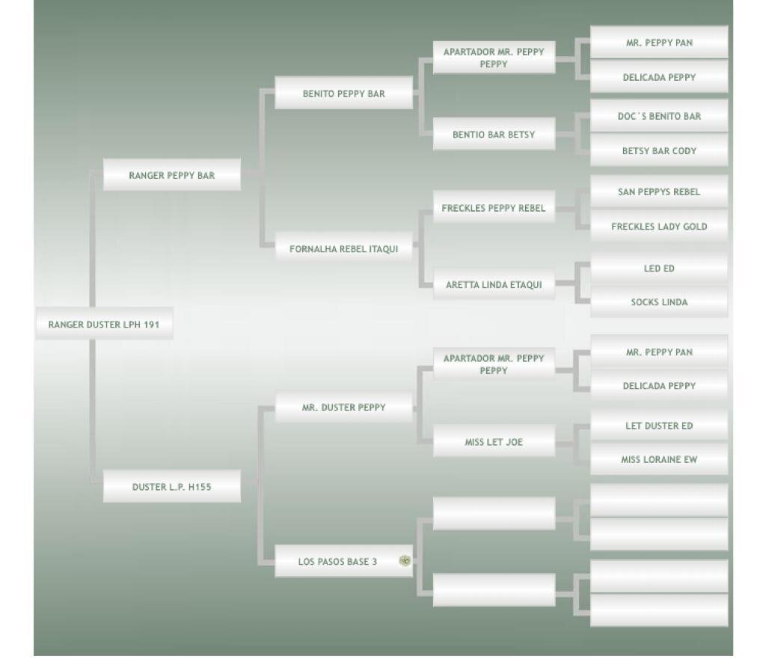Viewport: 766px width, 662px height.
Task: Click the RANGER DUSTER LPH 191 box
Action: coord(104,325)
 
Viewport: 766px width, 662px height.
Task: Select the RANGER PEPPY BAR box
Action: coord(171,176)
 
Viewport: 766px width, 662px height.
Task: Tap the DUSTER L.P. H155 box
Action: coord(171,487)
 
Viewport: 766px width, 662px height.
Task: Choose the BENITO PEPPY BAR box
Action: coord(343,94)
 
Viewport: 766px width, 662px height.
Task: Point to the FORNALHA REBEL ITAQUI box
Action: coord(343,249)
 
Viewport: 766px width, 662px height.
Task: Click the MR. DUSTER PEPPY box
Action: coord(343,408)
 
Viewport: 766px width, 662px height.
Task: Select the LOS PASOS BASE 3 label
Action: coord(337,562)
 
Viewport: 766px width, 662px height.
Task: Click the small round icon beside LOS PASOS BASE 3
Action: coord(405,561)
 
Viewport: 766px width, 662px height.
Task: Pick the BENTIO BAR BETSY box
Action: coord(494,135)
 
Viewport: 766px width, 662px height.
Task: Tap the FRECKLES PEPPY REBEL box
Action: coord(494,208)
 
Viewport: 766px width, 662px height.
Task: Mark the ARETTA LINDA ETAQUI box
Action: coord(494,284)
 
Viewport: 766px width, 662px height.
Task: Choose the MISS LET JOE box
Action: coord(494,442)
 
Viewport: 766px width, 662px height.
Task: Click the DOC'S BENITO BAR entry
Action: coord(659,116)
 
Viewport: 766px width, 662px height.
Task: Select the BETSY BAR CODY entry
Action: coord(659,150)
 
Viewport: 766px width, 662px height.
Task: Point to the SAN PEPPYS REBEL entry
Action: coord(659,191)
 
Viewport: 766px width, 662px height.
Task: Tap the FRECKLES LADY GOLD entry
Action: coord(659,226)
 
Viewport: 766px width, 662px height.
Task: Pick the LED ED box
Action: coord(659,268)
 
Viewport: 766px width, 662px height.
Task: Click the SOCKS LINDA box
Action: coord(659,302)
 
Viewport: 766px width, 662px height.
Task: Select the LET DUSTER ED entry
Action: coord(659,426)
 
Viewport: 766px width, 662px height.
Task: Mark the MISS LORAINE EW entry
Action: coord(659,459)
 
